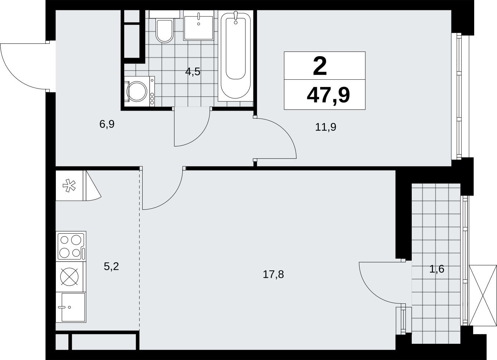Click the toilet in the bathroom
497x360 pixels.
tap(164, 26)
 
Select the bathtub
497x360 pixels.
tap(236, 56)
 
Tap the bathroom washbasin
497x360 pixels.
tap(199, 25)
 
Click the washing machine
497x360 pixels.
tap(139, 91)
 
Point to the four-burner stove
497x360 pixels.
tap(71, 246)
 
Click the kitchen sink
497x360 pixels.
tap(71, 307)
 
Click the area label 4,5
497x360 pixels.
tap(193, 72)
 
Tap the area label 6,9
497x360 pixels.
tap(107, 124)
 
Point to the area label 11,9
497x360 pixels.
tap(326, 127)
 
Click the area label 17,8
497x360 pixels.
tap(273, 274)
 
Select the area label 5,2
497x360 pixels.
tap(111, 266)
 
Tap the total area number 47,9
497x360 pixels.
tap(328, 95)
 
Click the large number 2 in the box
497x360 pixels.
tap(320, 66)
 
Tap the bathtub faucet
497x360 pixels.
tap(236, 17)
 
